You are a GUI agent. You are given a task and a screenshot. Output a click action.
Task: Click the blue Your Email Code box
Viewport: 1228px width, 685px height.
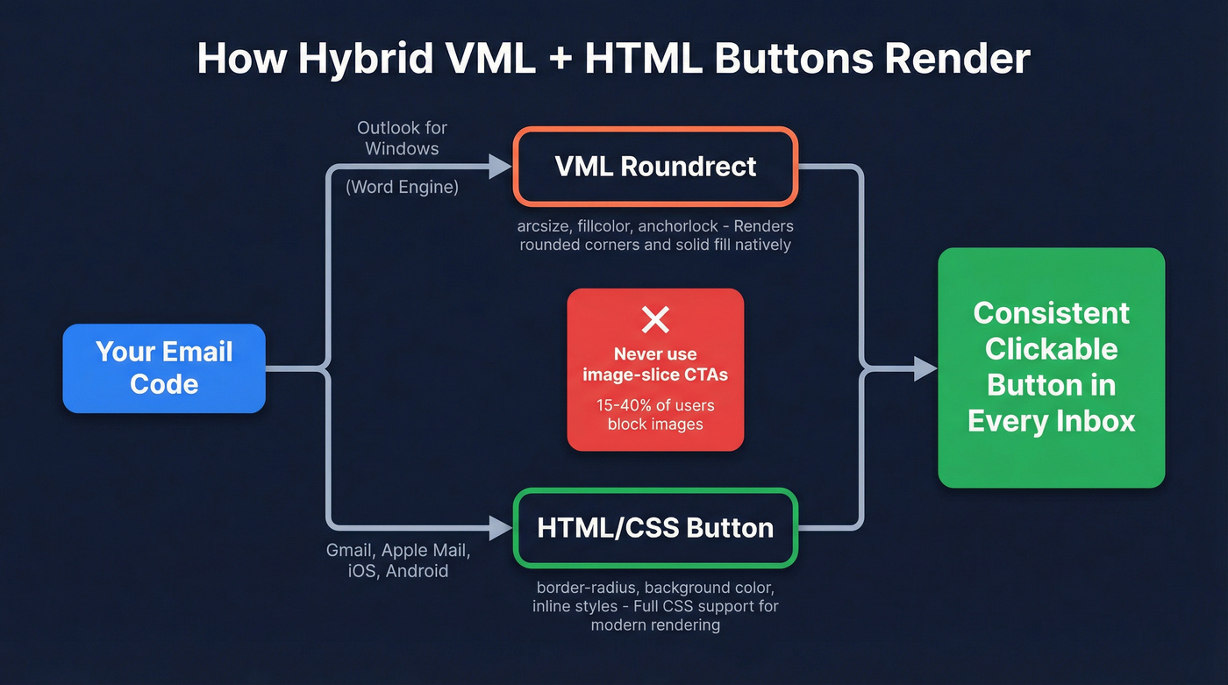pos(164,368)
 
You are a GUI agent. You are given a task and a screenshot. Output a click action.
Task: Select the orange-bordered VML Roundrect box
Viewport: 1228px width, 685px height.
pos(655,167)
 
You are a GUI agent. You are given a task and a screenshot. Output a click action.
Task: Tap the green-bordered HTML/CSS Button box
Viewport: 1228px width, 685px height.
pos(655,528)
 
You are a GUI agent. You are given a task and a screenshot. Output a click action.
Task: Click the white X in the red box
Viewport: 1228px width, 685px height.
pos(655,320)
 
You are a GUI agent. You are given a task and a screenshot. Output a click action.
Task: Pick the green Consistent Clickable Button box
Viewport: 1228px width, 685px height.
pos(1051,367)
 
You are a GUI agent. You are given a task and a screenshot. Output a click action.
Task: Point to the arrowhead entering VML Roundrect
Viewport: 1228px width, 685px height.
pos(501,167)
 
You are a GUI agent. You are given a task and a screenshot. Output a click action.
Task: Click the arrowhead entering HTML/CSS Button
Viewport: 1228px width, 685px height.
pos(501,528)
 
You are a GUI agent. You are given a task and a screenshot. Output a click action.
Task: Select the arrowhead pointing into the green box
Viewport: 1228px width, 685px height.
pos(925,368)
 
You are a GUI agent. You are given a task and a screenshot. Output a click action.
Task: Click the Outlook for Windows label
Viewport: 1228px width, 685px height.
pos(402,139)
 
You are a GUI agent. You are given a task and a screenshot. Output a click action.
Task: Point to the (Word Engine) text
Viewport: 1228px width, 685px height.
pos(402,187)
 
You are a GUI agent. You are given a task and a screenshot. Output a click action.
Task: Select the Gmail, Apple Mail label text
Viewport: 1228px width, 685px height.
pos(398,551)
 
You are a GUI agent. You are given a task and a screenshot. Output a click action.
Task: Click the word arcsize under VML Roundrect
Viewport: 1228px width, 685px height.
pos(544,226)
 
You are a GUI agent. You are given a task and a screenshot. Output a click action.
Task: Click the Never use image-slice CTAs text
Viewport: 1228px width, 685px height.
pos(655,365)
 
